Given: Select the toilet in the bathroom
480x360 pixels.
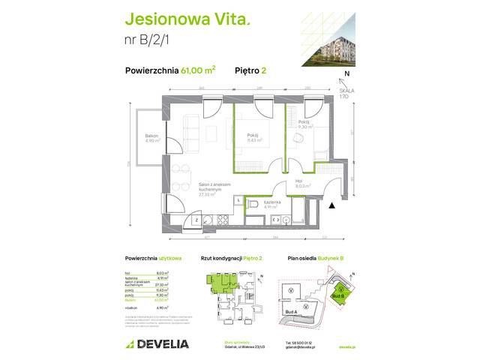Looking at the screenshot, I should tap(253, 204).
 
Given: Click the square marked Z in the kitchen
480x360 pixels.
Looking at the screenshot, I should tap(196, 220).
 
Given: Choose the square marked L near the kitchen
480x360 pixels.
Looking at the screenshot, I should tap(238, 200).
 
